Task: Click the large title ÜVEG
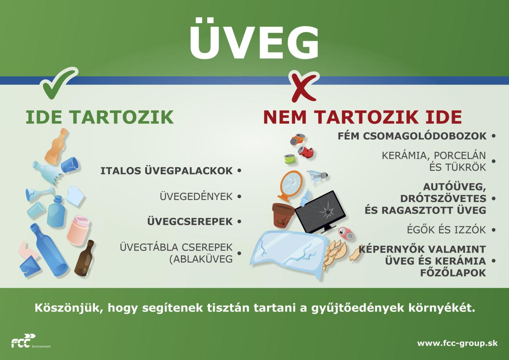[254, 39]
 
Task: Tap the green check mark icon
[60, 84]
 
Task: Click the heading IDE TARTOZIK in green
[100, 117]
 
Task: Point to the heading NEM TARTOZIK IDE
[363, 117]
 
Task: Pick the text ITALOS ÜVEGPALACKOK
[167, 171]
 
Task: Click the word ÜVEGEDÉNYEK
[196, 197]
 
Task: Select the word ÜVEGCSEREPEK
[190, 222]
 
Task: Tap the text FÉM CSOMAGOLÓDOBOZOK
[412, 136]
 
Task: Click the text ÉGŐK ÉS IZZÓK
[447, 230]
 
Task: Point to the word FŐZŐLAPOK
[453, 273]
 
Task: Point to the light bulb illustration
[317, 176]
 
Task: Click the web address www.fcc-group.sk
[457, 343]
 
